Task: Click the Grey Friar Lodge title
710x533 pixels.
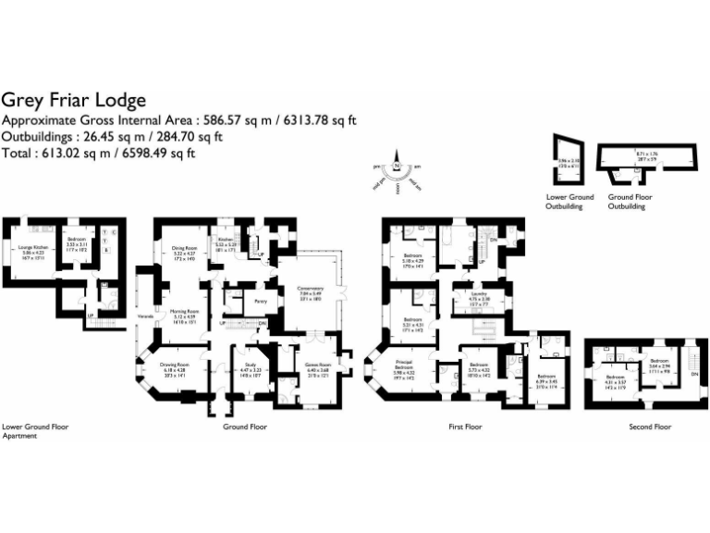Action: (73, 100)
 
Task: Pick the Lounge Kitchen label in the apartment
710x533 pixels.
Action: (34, 248)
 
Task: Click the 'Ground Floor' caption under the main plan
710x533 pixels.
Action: (245, 428)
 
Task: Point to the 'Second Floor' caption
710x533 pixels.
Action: (650, 428)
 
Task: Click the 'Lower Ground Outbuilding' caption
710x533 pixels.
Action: (569, 201)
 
